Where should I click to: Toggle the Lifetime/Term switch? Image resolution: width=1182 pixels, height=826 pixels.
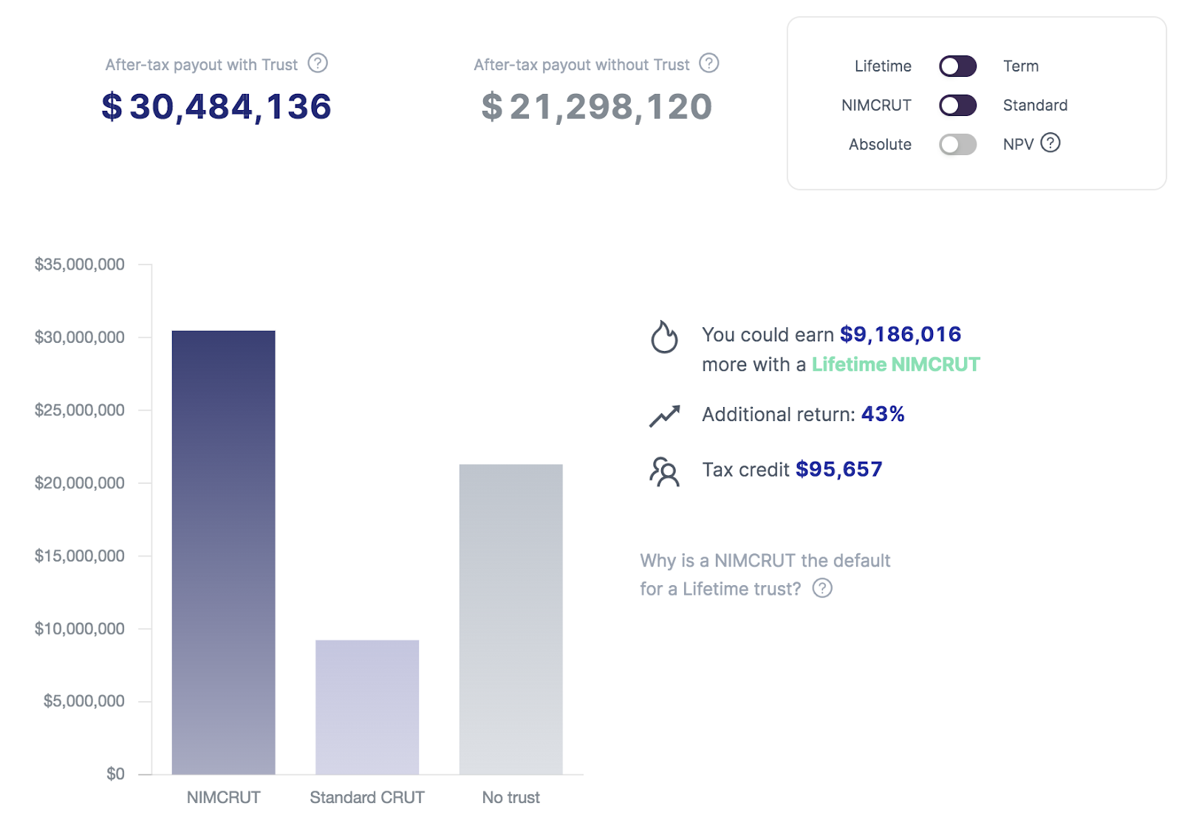click(957, 66)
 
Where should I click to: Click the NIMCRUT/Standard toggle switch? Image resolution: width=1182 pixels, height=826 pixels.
click(957, 106)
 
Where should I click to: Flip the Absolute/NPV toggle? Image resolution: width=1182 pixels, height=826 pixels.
click(957, 145)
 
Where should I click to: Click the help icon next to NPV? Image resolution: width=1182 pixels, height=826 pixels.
click(1050, 143)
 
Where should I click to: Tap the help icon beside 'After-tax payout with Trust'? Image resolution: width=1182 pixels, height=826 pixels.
click(318, 64)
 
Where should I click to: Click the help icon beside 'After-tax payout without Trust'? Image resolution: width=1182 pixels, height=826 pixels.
click(709, 64)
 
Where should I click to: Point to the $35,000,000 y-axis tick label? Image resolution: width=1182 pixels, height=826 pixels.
click(80, 264)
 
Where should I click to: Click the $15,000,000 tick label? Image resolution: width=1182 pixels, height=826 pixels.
click(80, 556)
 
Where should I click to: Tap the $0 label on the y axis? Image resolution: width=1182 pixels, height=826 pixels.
click(115, 774)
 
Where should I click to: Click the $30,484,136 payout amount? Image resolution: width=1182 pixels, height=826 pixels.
click(216, 106)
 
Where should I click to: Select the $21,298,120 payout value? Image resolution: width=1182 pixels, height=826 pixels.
click(597, 106)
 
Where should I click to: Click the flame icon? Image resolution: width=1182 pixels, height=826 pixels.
click(664, 337)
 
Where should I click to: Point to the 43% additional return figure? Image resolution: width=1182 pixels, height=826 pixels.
click(883, 414)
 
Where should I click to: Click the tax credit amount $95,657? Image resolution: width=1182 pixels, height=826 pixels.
click(838, 469)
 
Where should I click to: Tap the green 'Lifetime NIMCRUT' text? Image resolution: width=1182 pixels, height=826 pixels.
click(895, 364)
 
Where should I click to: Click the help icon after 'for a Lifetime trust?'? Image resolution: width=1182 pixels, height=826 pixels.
click(822, 588)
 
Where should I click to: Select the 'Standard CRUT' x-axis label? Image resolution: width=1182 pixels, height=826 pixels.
click(367, 797)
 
